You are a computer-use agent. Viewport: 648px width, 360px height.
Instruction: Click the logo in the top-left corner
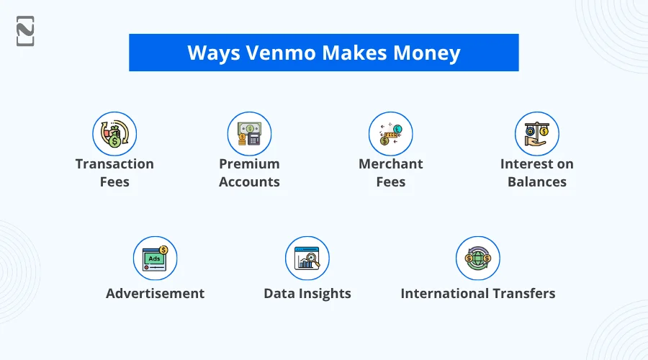pyautogui.click(x=25, y=31)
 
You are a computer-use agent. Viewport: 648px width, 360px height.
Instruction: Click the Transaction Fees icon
pyautogui.click(x=114, y=133)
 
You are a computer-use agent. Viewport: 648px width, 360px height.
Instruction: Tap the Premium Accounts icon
pyautogui.click(x=249, y=133)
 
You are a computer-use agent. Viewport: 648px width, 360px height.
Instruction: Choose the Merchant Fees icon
pyautogui.click(x=391, y=133)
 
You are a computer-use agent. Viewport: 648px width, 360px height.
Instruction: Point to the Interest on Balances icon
pyautogui.click(x=537, y=133)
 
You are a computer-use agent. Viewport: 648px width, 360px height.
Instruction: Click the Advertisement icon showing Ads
pyautogui.click(x=155, y=258)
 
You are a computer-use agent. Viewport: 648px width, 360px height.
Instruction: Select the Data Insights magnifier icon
pyautogui.click(x=307, y=258)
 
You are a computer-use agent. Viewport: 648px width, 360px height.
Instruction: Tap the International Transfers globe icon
pyautogui.click(x=478, y=258)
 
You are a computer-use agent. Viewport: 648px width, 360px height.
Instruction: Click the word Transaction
pyautogui.click(x=114, y=164)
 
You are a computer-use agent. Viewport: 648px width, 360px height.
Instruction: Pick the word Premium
pyautogui.click(x=249, y=164)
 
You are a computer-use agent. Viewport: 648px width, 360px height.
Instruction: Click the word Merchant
pyautogui.click(x=391, y=164)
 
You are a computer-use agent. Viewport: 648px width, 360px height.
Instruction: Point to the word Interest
pyautogui.click(x=521, y=164)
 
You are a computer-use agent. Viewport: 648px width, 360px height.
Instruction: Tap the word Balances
pyautogui.click(x=537, y=181)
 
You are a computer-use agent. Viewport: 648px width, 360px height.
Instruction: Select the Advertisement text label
pyautogui.click(x=155, y=294)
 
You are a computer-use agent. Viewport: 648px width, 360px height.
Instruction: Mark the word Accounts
pyautogui.click(x=249, y=181)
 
